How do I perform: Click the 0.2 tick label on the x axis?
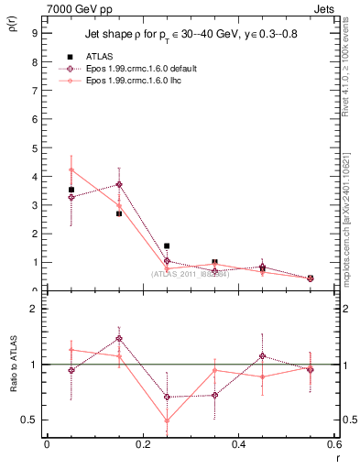pos(143,446)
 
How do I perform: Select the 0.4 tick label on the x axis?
pos(239,446)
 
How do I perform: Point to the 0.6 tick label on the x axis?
pos(333,446)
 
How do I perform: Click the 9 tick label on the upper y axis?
pos(34,34)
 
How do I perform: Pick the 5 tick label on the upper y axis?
pos(34,148)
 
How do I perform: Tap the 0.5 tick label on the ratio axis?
pos(30,420)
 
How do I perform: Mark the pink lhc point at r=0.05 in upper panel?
pos(71,169)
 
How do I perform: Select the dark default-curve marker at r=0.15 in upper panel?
pos(119,184)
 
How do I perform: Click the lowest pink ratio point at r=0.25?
pos(167,421)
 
